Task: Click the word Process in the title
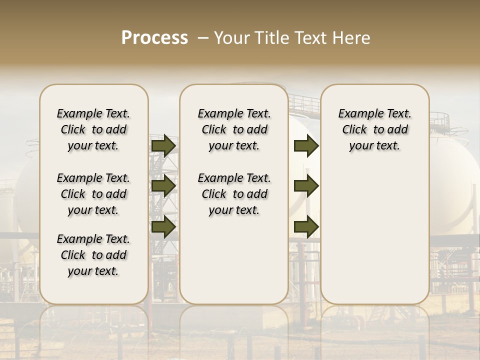point(154,38)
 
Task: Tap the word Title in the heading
point(271,38)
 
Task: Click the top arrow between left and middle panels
point(163,145)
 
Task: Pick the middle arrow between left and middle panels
point(163,186)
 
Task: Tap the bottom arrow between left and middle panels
point(163,227)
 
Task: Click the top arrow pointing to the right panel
point(306,145)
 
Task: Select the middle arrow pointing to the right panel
point(306,186)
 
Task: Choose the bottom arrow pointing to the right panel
point(306,227)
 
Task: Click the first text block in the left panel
point(93,129)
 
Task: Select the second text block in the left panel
point(93,194)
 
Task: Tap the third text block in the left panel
point(93,255)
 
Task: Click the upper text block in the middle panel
point(234,129)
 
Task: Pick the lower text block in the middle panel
point(234,194)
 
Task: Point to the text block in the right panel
point(374,129)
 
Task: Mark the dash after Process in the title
point(203,38)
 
